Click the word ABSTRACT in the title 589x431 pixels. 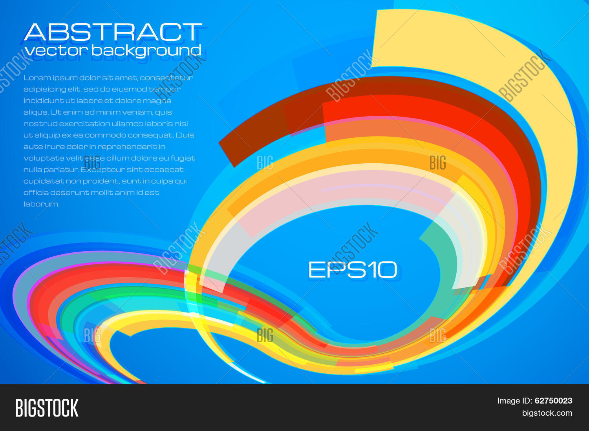113,32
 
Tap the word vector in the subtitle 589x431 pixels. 56,50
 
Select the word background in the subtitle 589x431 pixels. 146,51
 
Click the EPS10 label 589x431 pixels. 352,270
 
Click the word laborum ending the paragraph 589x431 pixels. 41,204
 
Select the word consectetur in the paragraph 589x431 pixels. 166,78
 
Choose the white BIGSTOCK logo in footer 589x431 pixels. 47,407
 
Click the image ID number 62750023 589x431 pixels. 554,400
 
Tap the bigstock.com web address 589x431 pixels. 547,413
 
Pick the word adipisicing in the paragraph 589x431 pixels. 44,89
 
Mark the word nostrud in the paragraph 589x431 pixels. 40,124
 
